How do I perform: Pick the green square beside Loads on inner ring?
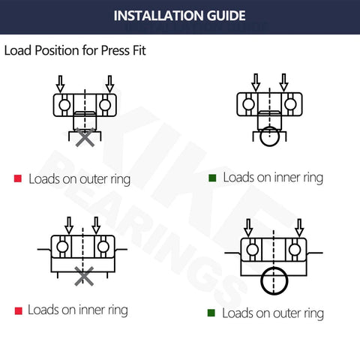pos(212,178)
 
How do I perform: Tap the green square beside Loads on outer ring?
pos(212,313)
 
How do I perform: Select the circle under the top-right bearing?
pos(269,136)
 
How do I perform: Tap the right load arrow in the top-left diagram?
pos(109,82)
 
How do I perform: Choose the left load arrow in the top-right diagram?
pos(256,81)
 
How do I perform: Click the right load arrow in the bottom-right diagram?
pos(299,227)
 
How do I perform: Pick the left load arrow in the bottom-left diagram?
pos(69,224)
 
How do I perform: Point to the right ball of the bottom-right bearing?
pos(296,248)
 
